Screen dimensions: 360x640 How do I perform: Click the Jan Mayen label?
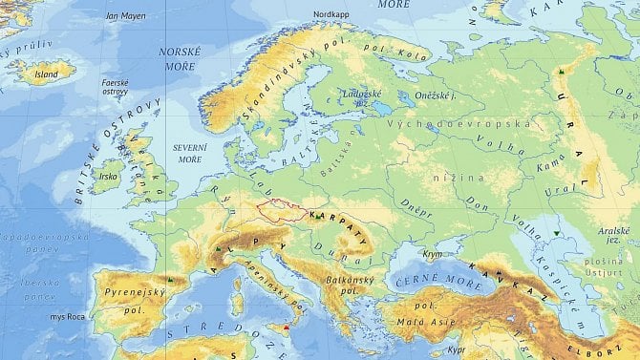[125, 16]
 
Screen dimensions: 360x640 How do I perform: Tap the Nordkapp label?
[331, 14]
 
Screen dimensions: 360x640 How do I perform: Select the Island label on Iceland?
[45, 72]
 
